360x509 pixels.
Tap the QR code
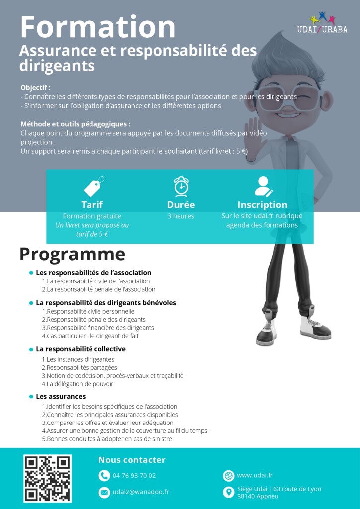click(47, 478)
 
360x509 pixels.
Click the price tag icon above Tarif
click(93, 186)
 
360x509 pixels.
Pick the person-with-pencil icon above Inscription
click(263, 186)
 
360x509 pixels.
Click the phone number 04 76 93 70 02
click(134, 476)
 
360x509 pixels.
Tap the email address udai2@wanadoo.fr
click(141, 492)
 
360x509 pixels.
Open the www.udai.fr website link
click(255, 476)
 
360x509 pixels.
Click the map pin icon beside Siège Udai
click(228, 492)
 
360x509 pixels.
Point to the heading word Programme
click(72, 254)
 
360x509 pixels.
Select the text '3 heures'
click(180, 216)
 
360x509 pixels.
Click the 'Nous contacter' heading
click(132, 460)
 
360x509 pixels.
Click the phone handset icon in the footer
click(104, 476)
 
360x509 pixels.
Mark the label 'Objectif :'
click(35, 87)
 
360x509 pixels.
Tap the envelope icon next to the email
click(104, 492)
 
